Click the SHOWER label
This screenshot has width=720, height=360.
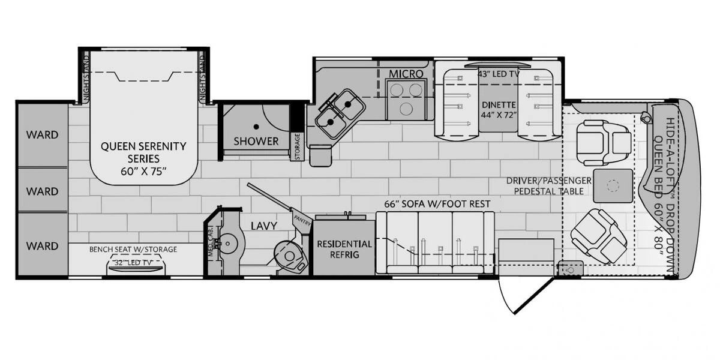coord(256,141)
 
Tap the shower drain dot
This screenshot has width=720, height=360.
coord(256,127)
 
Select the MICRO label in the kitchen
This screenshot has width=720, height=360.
coord(406,74)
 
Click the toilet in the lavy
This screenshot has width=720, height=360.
coord(289,256)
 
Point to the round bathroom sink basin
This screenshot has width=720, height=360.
coord(227,244)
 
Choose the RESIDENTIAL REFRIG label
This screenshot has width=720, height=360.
coord(344,249)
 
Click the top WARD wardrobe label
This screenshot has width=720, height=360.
coord(42,134)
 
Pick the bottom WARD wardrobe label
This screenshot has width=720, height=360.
coord(42,246)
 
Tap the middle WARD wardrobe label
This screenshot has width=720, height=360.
coord(42,191)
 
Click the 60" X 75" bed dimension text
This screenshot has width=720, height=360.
coord(143,172)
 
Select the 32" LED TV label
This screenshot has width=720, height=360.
coord(133,263)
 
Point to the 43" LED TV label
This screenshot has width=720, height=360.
coord(498,74)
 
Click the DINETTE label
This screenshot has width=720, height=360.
coord(499,105)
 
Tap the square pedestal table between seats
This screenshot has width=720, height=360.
coord(613,186)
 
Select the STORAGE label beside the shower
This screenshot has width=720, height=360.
coord(298,146)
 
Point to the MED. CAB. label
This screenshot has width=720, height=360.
coord(211,241)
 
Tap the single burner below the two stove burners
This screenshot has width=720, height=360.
coord(406,109)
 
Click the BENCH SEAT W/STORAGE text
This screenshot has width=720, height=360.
coord(133,249)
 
